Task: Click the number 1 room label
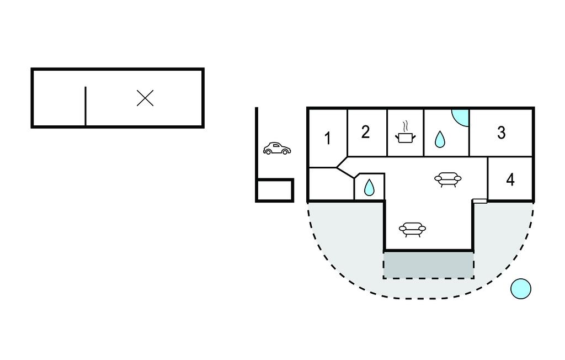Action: coord(328,138)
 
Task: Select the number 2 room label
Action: coord(365,132)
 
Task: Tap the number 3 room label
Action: coord(501,133)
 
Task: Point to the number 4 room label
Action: coord(510,179)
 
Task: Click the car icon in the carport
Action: coord(277,149)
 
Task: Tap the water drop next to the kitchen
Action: coord(440,139)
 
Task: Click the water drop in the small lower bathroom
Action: coord(369,188)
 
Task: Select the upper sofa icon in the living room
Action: coord(447,179)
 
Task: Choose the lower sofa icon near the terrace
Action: coord(412,229)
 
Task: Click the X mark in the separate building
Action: coord(145,98)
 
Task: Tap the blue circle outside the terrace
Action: coord(520,288)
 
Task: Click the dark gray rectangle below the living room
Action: coord(428,265)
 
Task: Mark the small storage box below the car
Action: coord(275,190)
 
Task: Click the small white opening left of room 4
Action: coord(480,200)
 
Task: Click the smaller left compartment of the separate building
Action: coord(58,98)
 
